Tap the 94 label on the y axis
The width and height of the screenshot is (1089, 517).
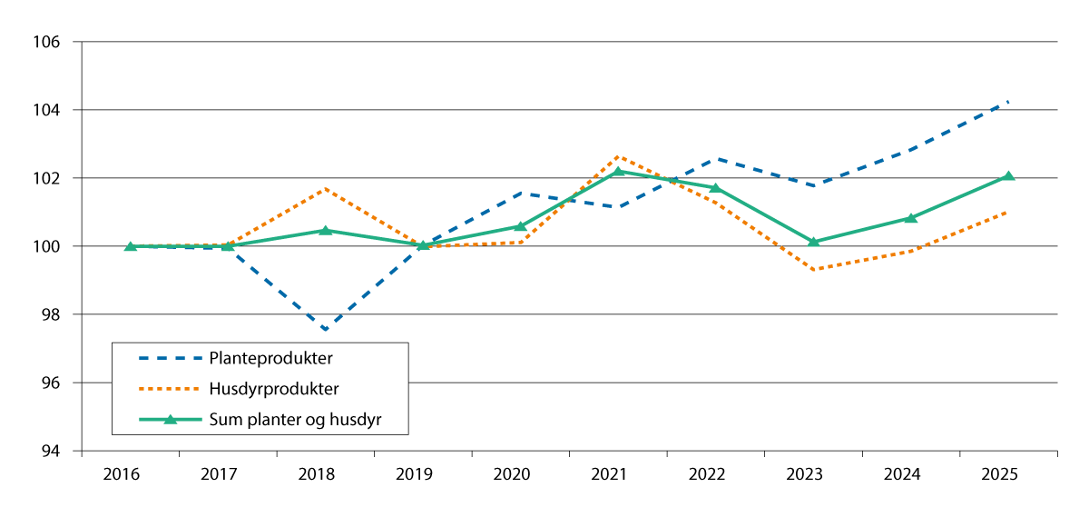[52, 452]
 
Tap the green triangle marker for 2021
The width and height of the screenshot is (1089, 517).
[618, 171]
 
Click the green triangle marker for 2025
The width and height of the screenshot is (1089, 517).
[1008, 176]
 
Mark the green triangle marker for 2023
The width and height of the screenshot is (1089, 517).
[813, 242]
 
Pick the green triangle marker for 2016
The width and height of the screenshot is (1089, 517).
[131, 246]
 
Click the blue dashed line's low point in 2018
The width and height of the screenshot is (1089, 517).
[325, 329]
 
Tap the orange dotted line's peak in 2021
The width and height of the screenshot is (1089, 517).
[618, 156]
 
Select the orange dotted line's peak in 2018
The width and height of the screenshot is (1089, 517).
[325, 189]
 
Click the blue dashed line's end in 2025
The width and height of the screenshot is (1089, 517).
[1008, 102]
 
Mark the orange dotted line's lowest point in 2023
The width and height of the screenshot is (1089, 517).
[813, 270]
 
